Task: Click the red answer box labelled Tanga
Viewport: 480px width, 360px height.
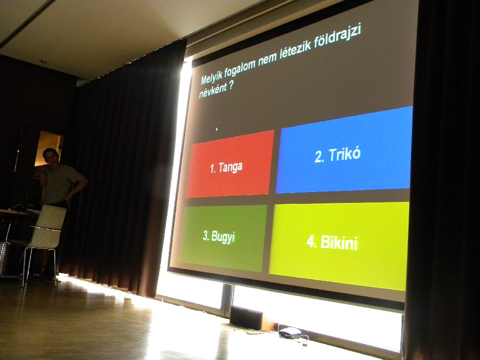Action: click(x=230, y=164)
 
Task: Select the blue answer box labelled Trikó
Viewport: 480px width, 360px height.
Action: click(x=344, y=150)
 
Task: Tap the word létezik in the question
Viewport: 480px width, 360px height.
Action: click(x=295, y=49)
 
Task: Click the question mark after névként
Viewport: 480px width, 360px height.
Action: click(x=231, y=85)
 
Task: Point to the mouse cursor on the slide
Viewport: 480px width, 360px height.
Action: click(x=217, y=129)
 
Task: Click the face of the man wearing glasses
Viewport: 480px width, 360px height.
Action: click(x=51, y=157)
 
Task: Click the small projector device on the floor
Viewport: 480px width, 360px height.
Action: click(x=290, y=332)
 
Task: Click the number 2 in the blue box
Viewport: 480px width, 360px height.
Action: click(x=319, y=157)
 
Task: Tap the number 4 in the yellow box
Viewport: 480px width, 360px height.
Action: click(x=311, y=242)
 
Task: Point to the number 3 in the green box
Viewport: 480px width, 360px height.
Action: click(x=206, y=235)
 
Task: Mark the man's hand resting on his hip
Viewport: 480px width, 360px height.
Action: click(x=68, y=198)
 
